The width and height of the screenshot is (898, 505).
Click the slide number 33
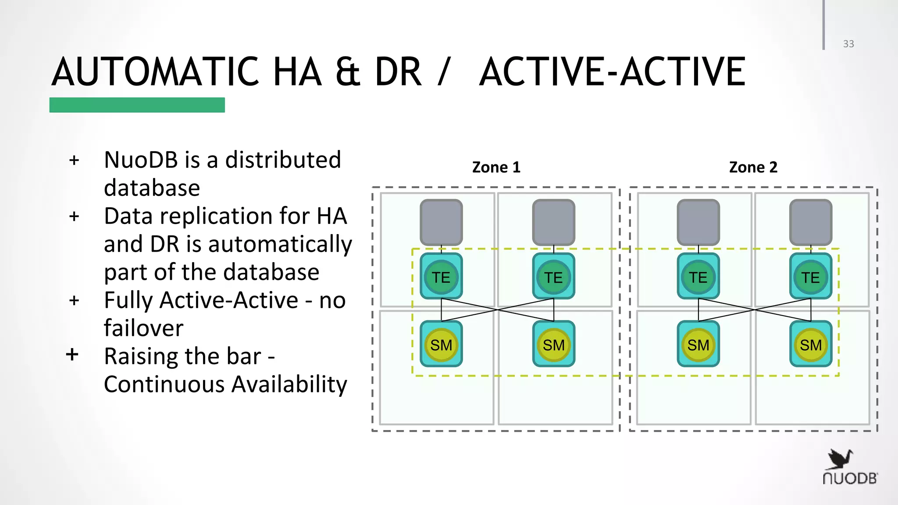(x=848, y=44)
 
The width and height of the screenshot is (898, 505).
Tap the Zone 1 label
(x=496, y=167)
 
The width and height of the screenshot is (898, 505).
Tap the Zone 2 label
(x=753, y=167)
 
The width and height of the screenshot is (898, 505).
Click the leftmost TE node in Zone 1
(x=441, y=277)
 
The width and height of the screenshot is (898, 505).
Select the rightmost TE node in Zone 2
(x=811, y=277)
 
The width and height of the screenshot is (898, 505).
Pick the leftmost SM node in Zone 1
(x=441, y=345)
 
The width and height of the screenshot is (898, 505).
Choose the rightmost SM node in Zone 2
(x=811, y=345)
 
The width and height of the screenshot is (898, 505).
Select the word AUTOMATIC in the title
(x=155, y=72)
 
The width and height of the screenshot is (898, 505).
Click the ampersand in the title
(x=348, y=72)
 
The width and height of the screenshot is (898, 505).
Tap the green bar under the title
(x=137, y=105)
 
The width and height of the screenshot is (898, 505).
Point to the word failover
(x=143, y=328)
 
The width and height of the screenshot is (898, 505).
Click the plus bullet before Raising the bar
(x=72, y=354)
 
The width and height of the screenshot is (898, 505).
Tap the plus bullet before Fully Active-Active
(x=74, y=301)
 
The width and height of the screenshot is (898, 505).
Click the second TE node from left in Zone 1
(x=553, y=277)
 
